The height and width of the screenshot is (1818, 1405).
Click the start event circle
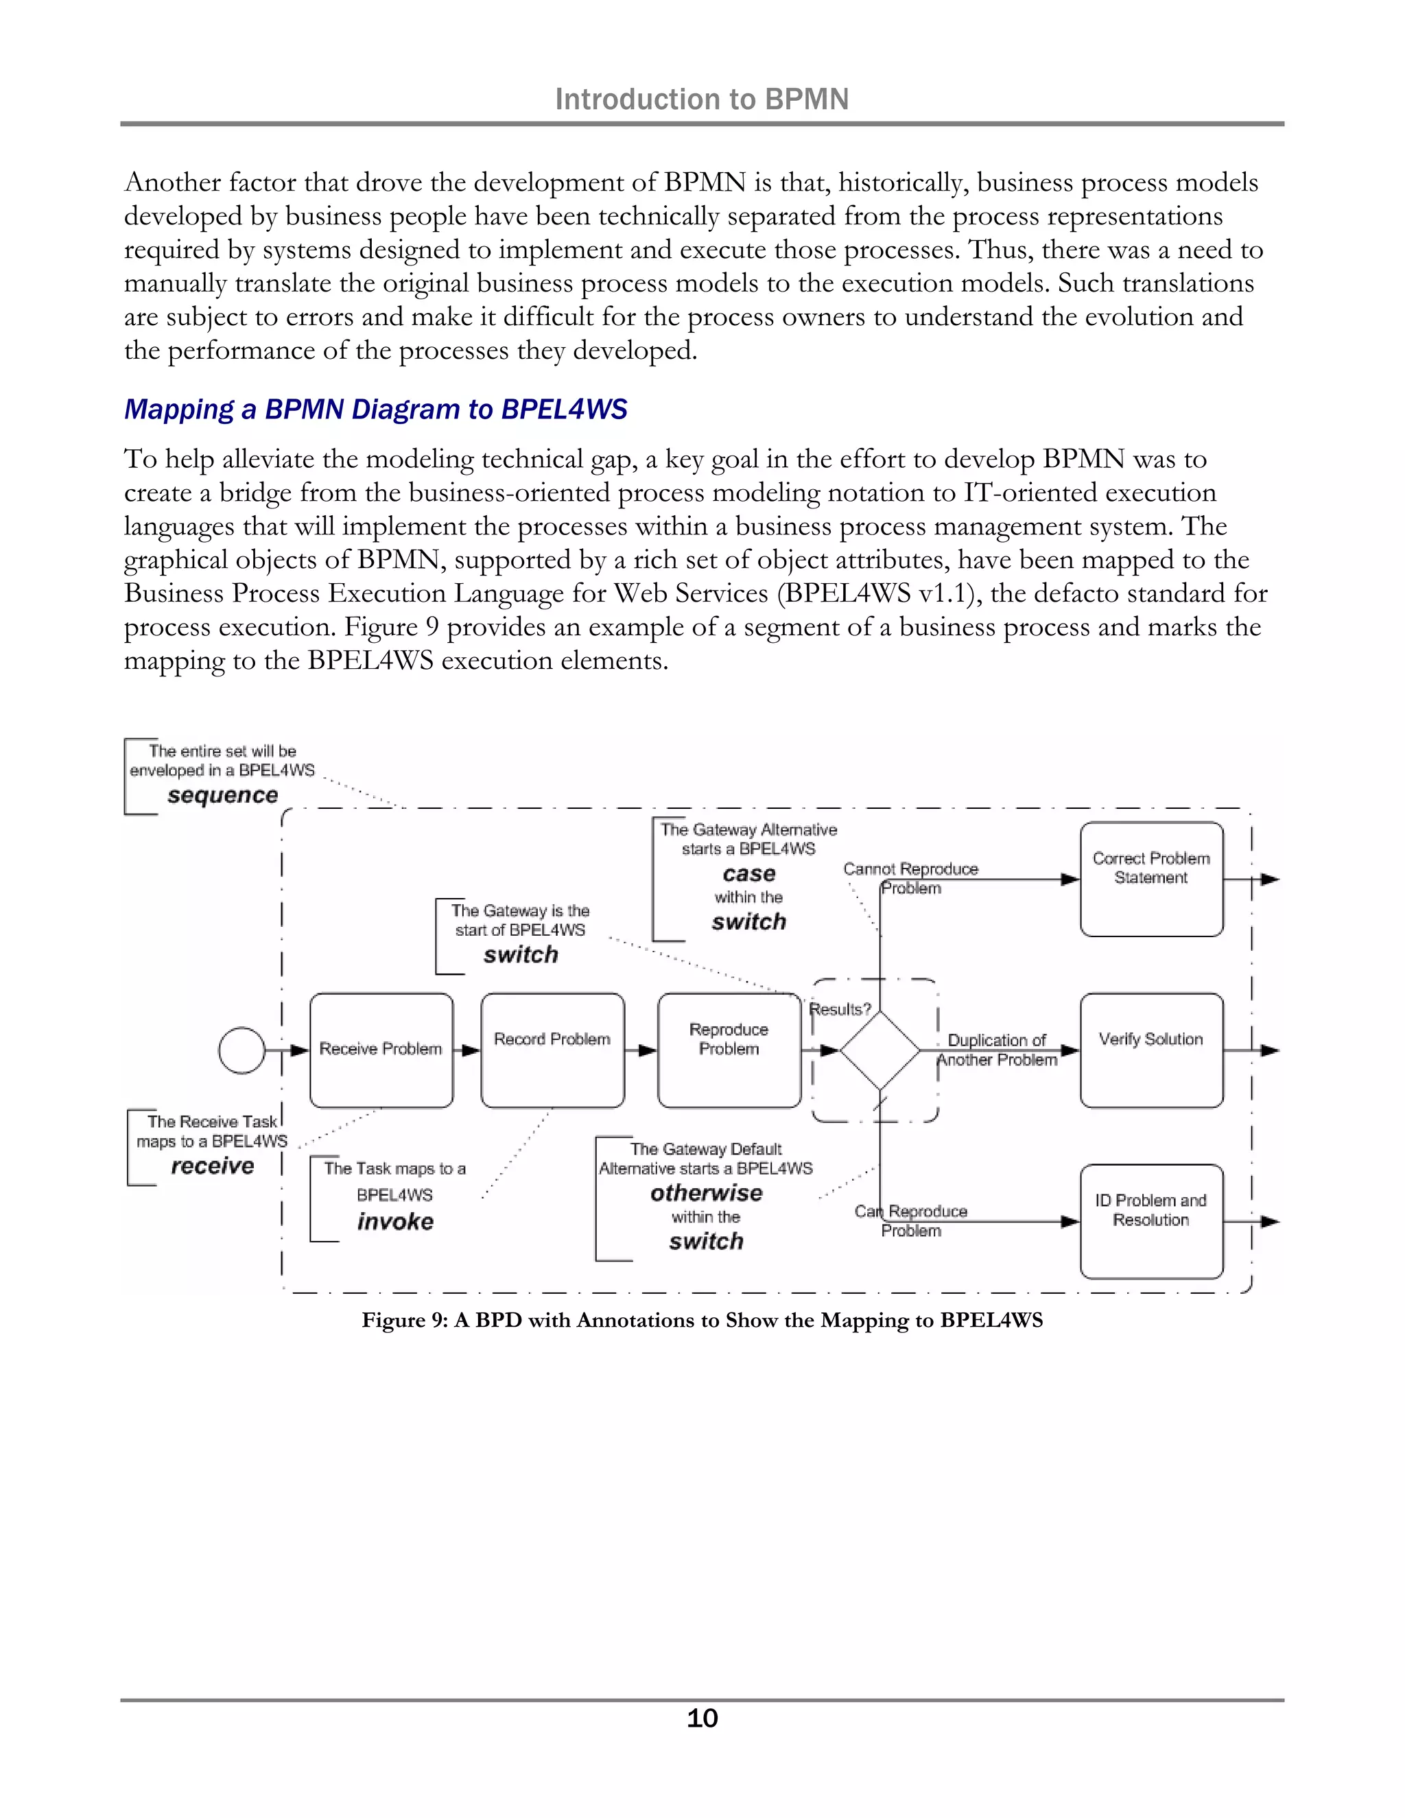pyautogui.click(x=241, y=1050)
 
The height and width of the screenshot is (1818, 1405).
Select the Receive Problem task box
pyautogui.click(x=381, y=1050)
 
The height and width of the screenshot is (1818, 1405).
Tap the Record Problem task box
pyautogui.click(x=553, y=1050)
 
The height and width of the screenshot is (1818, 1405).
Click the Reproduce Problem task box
pyautogui.click(x=729, y=1050)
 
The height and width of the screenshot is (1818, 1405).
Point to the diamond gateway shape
pyautogui.click(x=879, y=1050)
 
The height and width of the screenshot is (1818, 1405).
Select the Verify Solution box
pyautogui.click(x=1151, y=1050)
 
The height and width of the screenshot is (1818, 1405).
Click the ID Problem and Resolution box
pyautogui.click(x=1151, y=1221)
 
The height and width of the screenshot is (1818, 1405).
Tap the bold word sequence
pyautogui.click(x=222, y=795)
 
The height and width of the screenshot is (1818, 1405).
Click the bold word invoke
pyautogui.click(x=395, y=1221)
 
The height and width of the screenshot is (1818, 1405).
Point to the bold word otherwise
pyautogui.click(x=706, y=1193)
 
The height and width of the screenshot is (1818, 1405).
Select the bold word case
pyautogui.click(x=748, y=873)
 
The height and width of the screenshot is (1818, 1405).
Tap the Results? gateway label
pyautogui.click(x=840, y=1009)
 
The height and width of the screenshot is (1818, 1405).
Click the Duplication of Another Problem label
pyautogui.click(x=996, y=1050)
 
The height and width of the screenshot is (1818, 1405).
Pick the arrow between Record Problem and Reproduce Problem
pyautogui.click(x=641, y=1050)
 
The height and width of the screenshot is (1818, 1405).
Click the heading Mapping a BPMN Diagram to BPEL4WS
pyautogui.click(x=375, y=410)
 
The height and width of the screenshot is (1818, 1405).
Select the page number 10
pyautogui.click(x=702, y=1718)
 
